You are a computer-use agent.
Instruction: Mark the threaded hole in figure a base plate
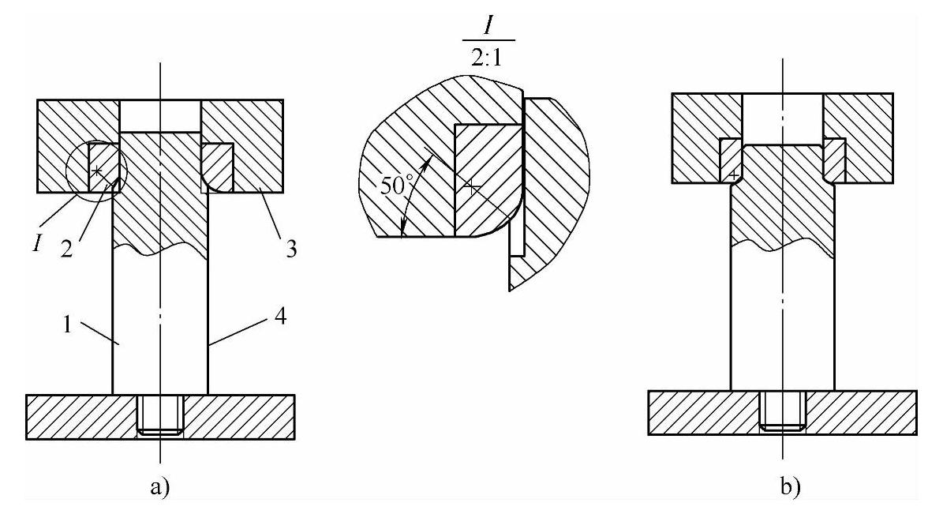(x=160, y=415)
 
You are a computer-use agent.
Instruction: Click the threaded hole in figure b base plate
(x=783, y=411)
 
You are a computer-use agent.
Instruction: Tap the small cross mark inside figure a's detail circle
(x=96, y=171)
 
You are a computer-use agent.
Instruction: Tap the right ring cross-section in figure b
(x=835, y=159)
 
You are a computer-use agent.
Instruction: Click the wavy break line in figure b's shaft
(x=783, y=251)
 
